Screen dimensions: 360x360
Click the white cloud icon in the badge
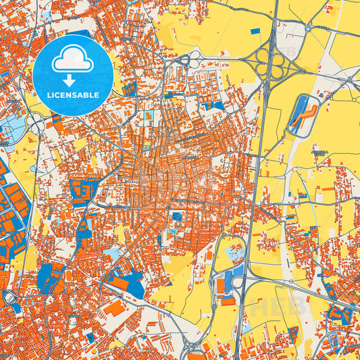(72, 61)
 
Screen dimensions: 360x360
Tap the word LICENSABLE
(72, 94)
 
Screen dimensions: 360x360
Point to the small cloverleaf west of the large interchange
(194, 59)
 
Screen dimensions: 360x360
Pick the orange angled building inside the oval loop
(304, 112)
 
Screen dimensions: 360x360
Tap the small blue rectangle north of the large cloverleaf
(255, 31)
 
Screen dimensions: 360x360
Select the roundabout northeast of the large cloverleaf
(307, 29)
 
